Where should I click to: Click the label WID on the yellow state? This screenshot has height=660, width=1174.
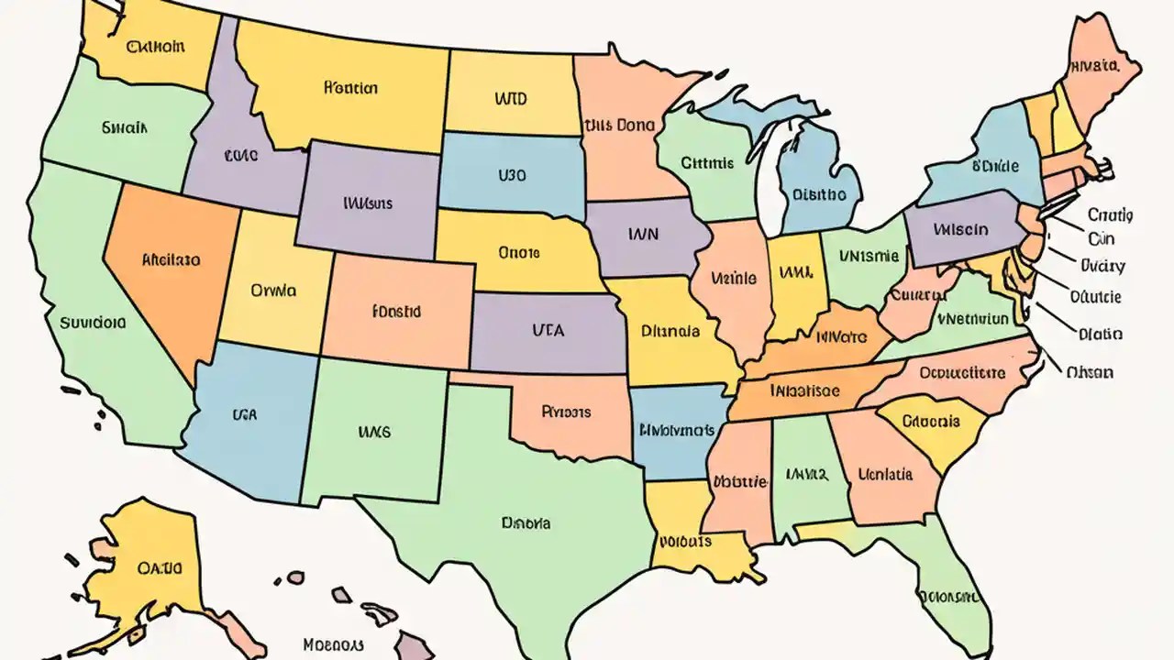(x=510, y=98)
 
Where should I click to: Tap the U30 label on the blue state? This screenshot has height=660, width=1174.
(x=513, y=172)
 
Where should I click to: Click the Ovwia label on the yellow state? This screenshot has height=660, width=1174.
(x=272, y=291)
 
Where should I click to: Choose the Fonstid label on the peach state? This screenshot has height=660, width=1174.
(x=396, y=312)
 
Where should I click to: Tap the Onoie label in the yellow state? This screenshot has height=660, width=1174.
(x=518, y=250)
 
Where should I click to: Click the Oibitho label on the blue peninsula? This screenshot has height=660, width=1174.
(x=818, y=194)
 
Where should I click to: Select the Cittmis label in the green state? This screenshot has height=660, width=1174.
(x=707, y=163)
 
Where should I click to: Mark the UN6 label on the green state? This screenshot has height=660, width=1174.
(x=374, y=430)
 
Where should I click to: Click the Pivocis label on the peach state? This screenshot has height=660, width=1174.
(x=566, y=412)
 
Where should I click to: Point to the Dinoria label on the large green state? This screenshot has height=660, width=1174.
(x=526, y=523)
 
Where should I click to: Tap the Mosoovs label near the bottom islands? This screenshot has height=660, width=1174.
(x=334, y=644)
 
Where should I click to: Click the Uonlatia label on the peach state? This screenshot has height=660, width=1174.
(x=885, y=475)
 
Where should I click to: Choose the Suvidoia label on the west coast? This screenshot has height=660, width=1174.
(x=91, y=323)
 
